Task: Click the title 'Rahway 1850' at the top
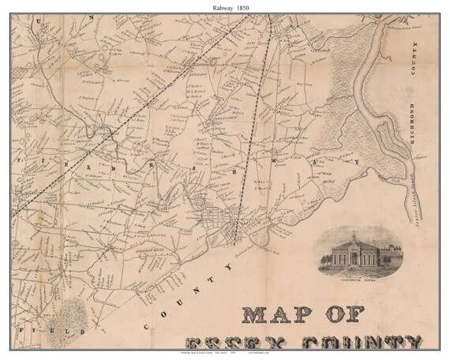click(x=225, y=8)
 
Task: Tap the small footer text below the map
click(x=225, y=354)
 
